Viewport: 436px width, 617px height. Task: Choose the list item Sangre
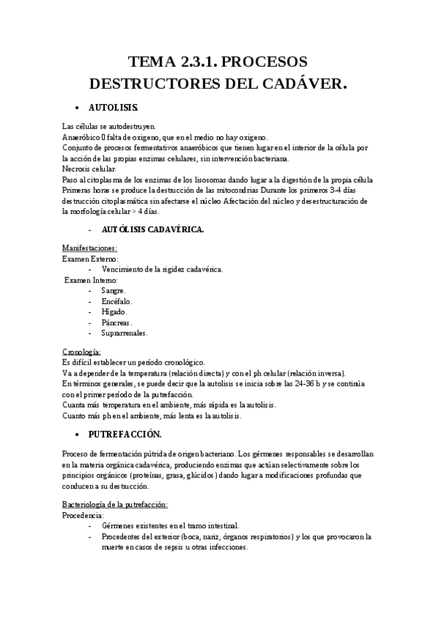pos(114,290)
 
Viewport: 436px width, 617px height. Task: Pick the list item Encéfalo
pos(116,301)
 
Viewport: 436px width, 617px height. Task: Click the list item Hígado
pos(114,311)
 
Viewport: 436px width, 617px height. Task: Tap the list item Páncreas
pos(117,322)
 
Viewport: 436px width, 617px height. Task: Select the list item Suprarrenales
pos(124,333)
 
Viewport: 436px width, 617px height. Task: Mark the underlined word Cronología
pos(82,352)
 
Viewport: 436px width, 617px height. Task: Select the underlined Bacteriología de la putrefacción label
pos(116,504)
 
